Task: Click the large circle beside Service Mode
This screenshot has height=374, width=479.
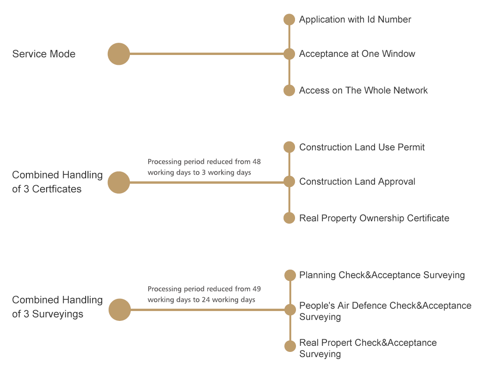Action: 119,54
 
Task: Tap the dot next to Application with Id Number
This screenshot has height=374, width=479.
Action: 289,20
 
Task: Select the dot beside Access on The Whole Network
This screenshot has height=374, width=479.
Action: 289,90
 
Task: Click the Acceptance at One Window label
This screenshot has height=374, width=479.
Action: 357,54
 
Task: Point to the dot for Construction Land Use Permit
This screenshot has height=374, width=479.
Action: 289,147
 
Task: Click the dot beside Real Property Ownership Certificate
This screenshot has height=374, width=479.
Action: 289,218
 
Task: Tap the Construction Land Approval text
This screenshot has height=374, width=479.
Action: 357,181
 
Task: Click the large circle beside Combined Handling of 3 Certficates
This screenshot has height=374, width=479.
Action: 119,182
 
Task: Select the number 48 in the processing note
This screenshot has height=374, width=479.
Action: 256,162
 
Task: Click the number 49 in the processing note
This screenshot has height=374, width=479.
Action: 256,289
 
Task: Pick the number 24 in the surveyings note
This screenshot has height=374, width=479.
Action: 206,300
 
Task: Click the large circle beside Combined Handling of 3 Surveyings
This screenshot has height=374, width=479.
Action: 120,310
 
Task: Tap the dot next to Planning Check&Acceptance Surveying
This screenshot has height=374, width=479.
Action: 290,275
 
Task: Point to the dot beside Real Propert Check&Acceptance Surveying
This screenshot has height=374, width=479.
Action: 290,346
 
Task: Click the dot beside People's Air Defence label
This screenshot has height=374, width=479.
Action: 290,310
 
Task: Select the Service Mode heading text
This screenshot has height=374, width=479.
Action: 44,54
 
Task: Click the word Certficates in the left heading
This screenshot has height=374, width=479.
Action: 57,189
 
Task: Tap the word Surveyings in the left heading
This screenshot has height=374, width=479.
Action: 58,314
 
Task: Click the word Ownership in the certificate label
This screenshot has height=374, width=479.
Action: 382,218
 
